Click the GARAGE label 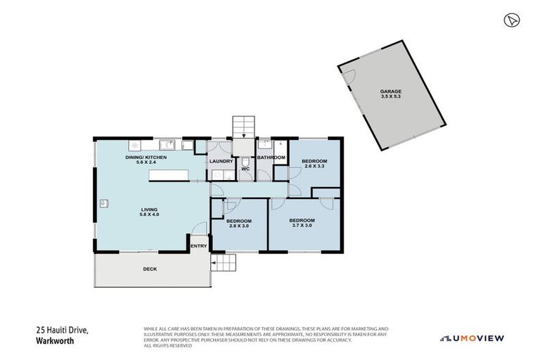click(x=390, y=92)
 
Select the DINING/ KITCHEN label click(x=146, y=157)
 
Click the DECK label click(x=150, y=269)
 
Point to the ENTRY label click(x=199, y=245)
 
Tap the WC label click(x=245, y=169)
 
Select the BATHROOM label click(x=271, y=157)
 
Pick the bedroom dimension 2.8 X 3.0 click(x=238, y=226)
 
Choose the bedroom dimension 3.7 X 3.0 click(x=302, y=226)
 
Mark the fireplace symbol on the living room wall click(x=103, y=203)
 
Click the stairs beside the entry click(x=224, y=264)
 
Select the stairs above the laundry click(x=243, y=127)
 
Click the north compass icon click(x=511, y=20)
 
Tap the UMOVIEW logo click(x=472, y=338)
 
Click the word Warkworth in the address click(x=55, y=342)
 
